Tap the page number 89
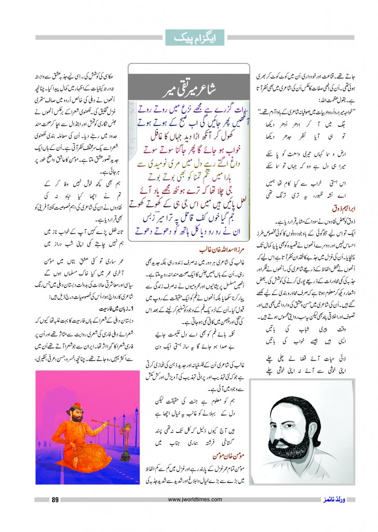pos(54,500)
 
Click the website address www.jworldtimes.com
pos(188,500)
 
